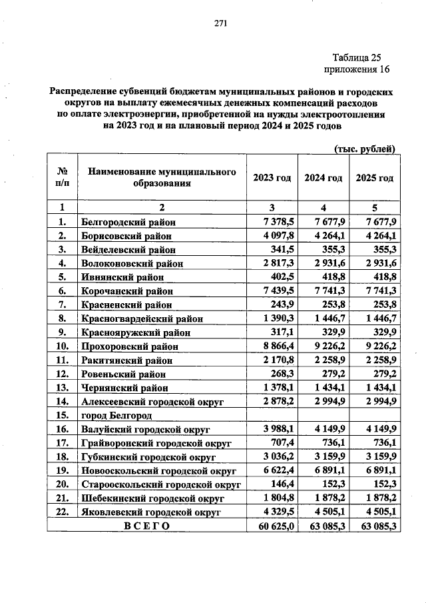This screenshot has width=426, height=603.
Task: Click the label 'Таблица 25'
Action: pos(356,57)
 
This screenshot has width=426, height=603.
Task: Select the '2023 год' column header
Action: pos(272,178)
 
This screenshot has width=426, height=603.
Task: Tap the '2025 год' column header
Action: pos(374,178)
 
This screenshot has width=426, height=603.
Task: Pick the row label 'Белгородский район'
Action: pos(128,222)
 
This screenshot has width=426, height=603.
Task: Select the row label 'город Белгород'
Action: pos(112,415)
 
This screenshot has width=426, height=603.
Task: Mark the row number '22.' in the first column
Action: pos(62,512)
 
